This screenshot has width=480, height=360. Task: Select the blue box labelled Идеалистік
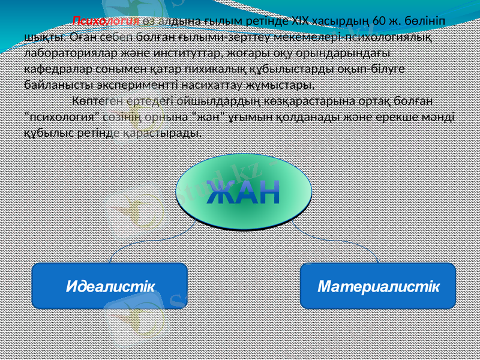[109, 287]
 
